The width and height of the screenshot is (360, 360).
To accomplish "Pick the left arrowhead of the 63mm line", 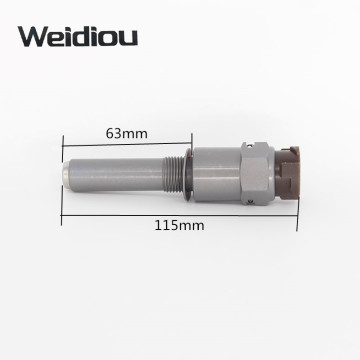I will (65, 141).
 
